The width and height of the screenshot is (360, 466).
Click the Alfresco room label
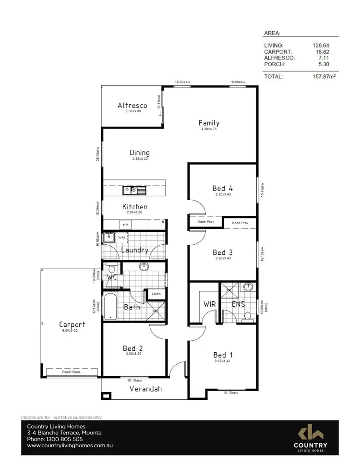click(x=132, y=106)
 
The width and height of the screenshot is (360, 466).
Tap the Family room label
click(x=209, y=123)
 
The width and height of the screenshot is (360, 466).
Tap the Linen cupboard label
click(x=156, y=294)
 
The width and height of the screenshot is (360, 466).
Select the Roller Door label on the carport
click(x=72, y=372)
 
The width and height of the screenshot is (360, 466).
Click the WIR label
click(x=210, y=304)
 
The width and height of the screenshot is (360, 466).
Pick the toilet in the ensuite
click(x=247, y=316)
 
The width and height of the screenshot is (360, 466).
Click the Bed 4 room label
click(x=222, y=189)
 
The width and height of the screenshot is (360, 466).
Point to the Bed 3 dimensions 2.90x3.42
click(x=222, y=258)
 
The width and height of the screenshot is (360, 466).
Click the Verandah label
click(x=145, y=389)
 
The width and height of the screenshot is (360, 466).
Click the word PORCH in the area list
click(x=274, y=64)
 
